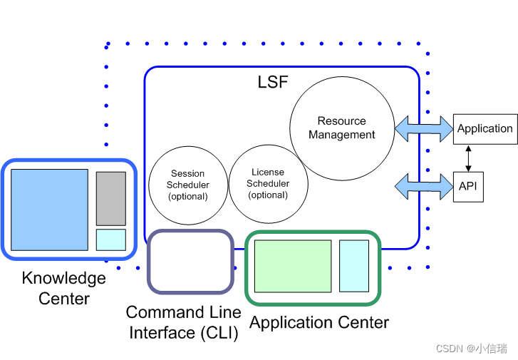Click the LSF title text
click(x=273, y=82)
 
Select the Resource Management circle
click(x=342, y=128)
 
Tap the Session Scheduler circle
click(x=187, y=185)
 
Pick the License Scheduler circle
click(x=268, y=183)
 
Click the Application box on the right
click(x=485, y=129)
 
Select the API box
click(x=467, y=186)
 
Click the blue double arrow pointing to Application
click(x=424, y=129)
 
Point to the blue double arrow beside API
click(x=424, y=186)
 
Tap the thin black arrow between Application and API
click(x=468, y=158)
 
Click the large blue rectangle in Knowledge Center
click(x=50, y=210)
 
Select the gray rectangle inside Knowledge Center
click(x=111, y=198)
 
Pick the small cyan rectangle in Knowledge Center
click(x=111, y=239)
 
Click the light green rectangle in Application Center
click(x=293, y=266)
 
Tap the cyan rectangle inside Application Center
click(x=353, y=266)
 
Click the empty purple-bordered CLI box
click(x=190, y=262)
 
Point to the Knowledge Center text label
click(x=64, y=288)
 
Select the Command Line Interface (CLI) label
click(x=183, y=322)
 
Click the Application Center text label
click(x=319, y=322)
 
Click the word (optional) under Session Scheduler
click(x=187, y=196)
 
